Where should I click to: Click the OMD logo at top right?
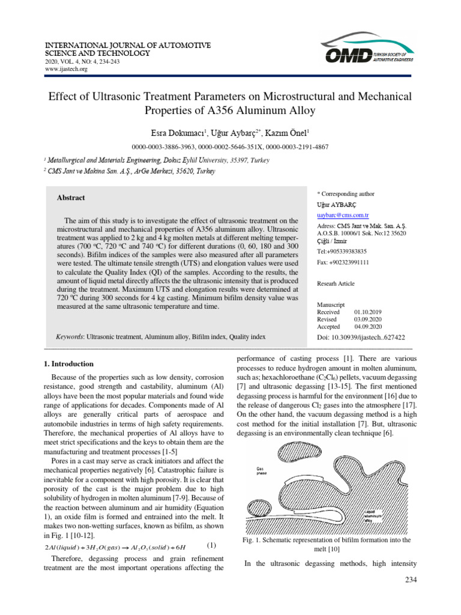click(x=369, y=52)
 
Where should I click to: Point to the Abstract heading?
click(x=71, y=198)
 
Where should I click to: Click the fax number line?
click(x=342, y=262)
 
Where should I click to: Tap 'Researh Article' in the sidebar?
click(x=336, y=283)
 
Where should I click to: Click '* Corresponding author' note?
click(x=345, y=194)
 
